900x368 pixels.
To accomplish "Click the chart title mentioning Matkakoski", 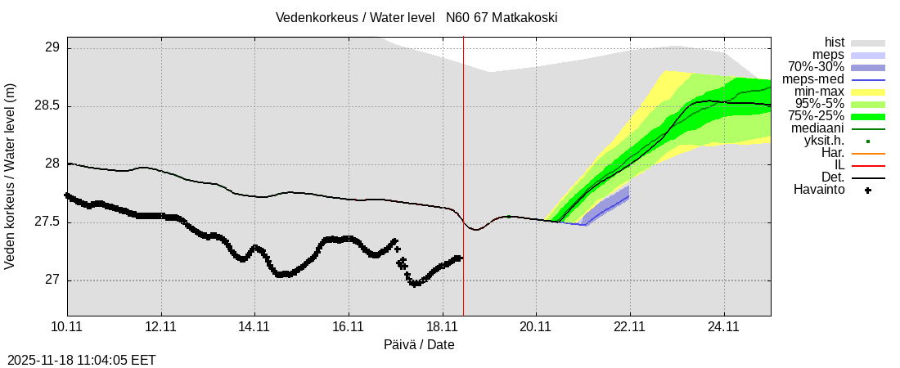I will pyautogui.click(x=416, y=17).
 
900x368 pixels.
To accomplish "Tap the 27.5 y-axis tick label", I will pyautogui.click(x=47, y=222).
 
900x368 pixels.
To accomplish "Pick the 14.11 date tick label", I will pyautogui.click(x=254, y=326).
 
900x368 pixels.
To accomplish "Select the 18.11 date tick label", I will pyautogui.click(x=443, y=326).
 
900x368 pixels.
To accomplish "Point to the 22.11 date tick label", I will pyautogui.click(x=630, y=326).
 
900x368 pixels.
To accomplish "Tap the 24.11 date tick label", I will pyautogui.click(x=724, y=326).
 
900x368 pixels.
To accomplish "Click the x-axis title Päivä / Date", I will pyautogui.click(x=419, y=345).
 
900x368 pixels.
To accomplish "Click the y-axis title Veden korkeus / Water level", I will pyautogui.click(x=11, y=176).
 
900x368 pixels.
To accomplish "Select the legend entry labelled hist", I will pyautogui.click(x=835, y=43).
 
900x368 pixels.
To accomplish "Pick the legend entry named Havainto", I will pyautogui.click(x=820, y=190).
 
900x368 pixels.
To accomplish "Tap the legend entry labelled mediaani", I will pyautogui.click(x=818, y=128).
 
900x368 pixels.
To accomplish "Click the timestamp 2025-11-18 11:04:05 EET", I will pyautogui.click(x=81, y=360).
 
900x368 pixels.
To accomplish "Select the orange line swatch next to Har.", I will pyautogui.click(x=868, y=153).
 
